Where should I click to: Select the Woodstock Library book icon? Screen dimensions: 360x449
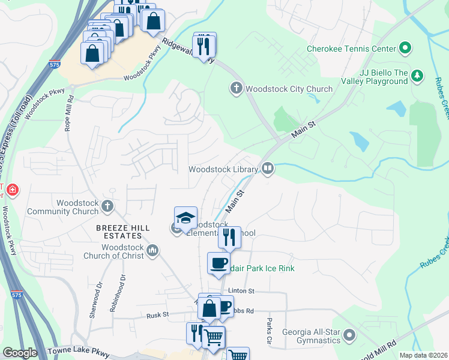click(268, 169)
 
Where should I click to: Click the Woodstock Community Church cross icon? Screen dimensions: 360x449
click(107, 206)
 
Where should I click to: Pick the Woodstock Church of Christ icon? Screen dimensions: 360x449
click(152, 251)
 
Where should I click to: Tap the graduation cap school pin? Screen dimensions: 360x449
click(186, 218)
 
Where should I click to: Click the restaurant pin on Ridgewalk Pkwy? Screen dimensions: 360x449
click(205, 44)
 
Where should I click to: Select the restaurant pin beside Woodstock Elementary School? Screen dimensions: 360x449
click(229, 238)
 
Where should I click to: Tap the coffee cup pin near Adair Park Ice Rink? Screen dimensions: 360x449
click(218, 263)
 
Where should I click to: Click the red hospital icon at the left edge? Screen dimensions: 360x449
click(13, 191)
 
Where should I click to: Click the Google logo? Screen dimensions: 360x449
click(20, 353)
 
